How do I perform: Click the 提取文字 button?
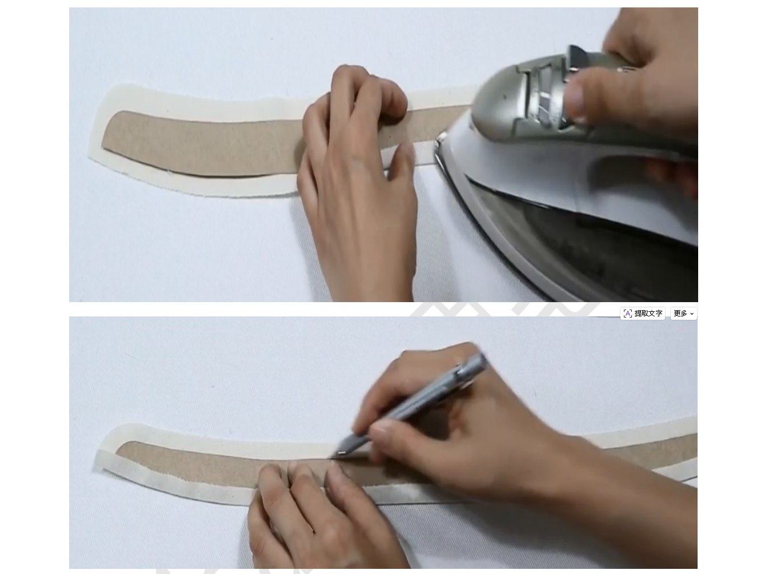[x=643, y=314]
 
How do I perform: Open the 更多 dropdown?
[x=683, y=314]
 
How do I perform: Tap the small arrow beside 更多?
[x=692, y=314]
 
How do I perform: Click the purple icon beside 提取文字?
[x=627, y=314]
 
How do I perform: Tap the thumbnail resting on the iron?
[x=575, y=101]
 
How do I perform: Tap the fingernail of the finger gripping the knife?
[x=378, y=431]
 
